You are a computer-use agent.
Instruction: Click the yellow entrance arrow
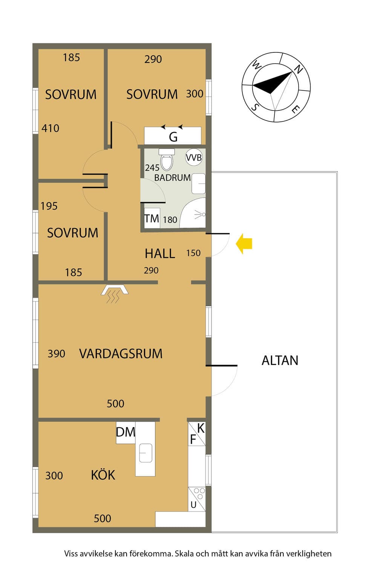coord(244,244)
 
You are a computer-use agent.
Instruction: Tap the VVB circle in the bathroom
coord(194,157)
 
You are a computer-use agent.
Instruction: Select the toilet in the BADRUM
coord(167,159)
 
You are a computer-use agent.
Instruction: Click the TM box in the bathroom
coord(152,218)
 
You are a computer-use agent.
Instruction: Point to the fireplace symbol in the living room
coord(114,294)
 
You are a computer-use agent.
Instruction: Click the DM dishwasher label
coord(126,432)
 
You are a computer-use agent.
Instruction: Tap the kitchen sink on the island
coord(146,453)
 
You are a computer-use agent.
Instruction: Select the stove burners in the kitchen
coord(199,493)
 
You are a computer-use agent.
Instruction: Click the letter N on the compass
coord(299,69)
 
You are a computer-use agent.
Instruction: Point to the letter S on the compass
coord(255,107)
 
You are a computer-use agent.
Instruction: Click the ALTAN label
coord(280,360)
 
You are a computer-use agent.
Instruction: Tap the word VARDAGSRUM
coord(121,354)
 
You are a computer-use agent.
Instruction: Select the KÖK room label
coord(103,475)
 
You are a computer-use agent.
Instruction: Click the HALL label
coord(160,253)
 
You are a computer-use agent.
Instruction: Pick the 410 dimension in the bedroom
coord(51,128)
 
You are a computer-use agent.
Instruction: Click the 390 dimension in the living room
coord(57,354)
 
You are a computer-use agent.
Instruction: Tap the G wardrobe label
coord(173,137)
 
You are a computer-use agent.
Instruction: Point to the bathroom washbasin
coord(198,184)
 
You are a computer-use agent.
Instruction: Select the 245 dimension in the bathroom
coord(152,168)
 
